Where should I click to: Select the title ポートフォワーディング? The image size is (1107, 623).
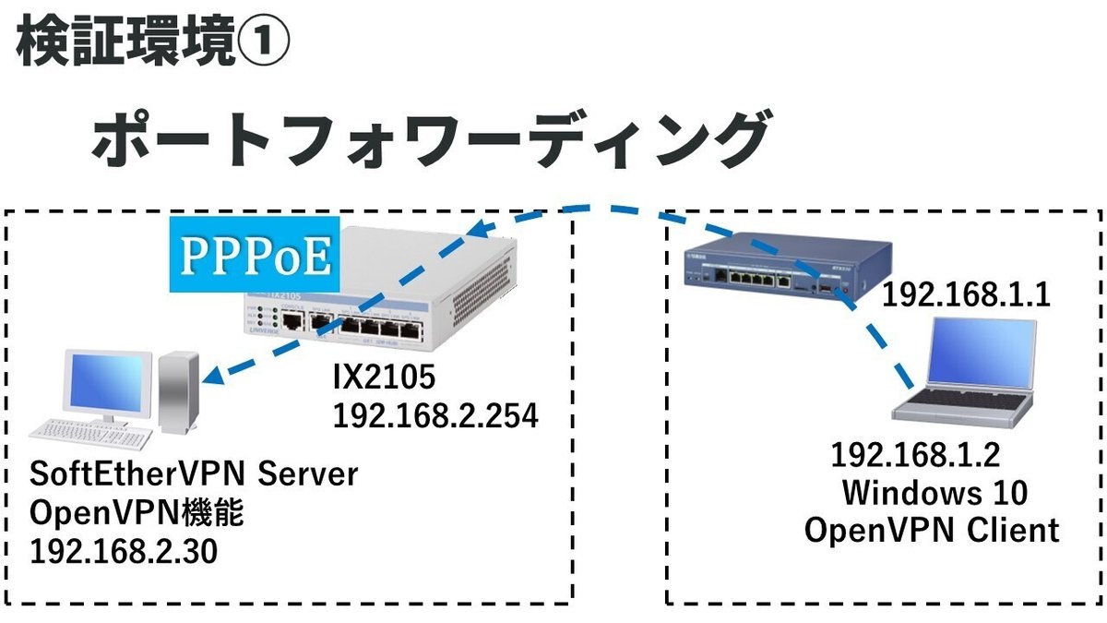click(429, 139)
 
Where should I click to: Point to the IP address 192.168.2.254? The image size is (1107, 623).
click(435, 416)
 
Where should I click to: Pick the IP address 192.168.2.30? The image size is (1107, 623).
click(124, 552)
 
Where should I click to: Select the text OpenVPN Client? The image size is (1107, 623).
click(932, 531)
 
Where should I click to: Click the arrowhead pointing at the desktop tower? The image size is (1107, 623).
click(209, 376)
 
